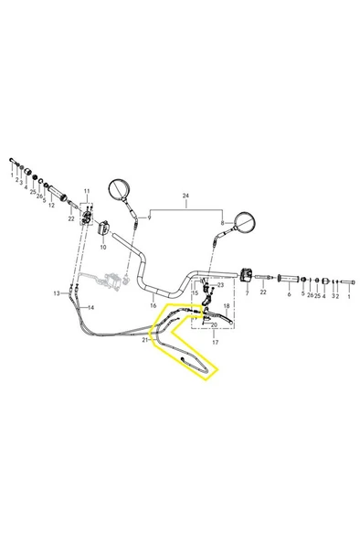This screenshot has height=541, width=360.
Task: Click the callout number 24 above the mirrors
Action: pos(185,196)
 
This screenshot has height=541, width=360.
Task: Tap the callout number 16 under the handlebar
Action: pos(154,305)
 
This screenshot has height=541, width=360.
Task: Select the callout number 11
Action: pos(87,191)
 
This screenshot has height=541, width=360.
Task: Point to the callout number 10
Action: pos(103,247)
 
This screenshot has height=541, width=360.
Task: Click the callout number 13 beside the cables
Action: pos(57,293)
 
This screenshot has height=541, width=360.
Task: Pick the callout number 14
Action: pos(90,307)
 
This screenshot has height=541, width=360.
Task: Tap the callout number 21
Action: pos(145,340)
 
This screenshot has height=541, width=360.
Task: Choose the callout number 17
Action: pos(215,343)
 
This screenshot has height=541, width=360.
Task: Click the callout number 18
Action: pos(227,306)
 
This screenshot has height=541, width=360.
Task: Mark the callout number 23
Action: pos(220,285)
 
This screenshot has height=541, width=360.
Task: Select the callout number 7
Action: pos(247,293)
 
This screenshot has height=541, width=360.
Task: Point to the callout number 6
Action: pos(289,294)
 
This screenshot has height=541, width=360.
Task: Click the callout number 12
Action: pos(51,206)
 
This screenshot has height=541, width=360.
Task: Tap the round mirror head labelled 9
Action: pos(119,189)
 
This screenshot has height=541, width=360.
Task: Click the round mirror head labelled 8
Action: pos(245,222)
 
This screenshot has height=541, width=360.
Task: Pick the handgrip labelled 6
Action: pos(289,279)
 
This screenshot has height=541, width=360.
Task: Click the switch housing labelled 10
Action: pos(103,228)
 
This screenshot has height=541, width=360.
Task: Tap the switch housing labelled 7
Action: pos(247,275)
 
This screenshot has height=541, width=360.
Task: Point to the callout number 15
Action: pos(196,293)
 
